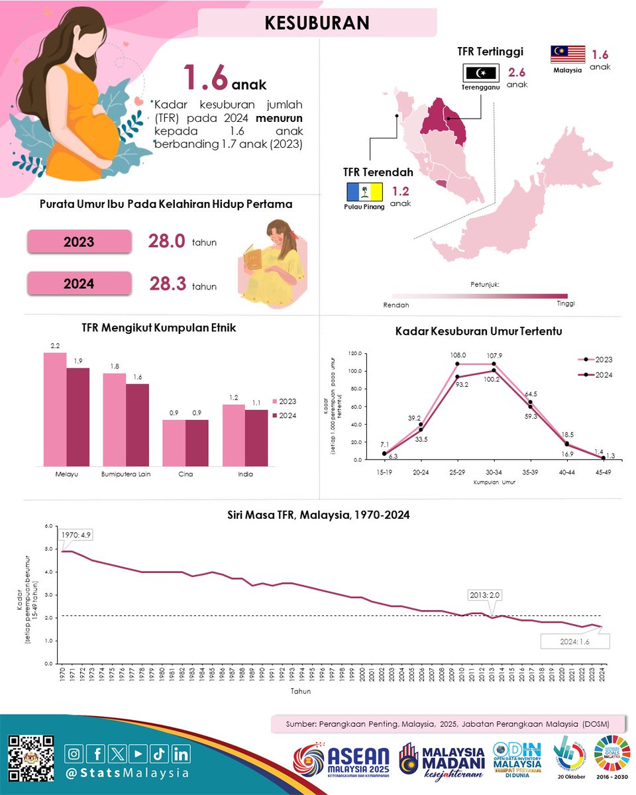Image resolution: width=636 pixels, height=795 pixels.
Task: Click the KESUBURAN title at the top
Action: (x=317, y=23)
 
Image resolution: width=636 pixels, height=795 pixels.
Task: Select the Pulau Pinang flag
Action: (x=364, y=193)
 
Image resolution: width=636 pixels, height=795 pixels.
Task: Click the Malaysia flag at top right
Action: (x=567, y=55)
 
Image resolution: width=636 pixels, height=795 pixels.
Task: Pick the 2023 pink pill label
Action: (x=79, y=242)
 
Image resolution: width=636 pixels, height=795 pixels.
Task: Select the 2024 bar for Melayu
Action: (x=78, y=417)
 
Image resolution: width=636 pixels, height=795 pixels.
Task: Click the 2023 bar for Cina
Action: (x=174, y=443)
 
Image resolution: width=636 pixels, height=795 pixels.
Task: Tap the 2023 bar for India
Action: (x=233, y=435)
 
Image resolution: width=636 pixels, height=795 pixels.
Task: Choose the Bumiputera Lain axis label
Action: (x=126, y=474)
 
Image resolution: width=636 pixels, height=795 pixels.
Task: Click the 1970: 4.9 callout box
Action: (x=77, y=535)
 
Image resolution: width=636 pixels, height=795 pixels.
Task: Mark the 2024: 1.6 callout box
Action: (x=574, y=641)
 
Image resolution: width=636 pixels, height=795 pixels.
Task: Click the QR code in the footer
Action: (x=31, y=758)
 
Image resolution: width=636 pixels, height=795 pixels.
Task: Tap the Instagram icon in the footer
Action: (x=76, y=753)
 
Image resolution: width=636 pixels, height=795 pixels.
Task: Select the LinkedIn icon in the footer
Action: (x=181, y=753)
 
